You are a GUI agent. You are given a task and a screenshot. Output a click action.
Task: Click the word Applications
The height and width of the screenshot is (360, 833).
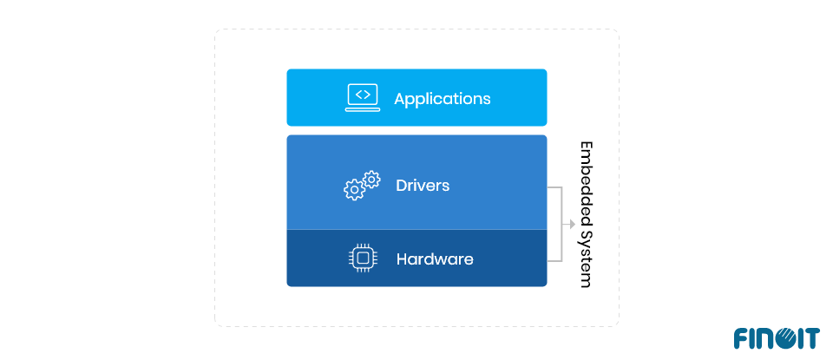[443, 98]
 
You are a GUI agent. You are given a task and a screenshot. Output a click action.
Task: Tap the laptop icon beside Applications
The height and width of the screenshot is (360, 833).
[362, 97]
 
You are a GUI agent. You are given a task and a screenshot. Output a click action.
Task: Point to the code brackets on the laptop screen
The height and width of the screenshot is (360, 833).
[362, 94]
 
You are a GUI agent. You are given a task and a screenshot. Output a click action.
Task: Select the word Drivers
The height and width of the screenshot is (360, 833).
[423, 185]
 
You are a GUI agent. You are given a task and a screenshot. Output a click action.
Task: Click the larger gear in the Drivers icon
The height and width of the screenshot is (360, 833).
[353, 190]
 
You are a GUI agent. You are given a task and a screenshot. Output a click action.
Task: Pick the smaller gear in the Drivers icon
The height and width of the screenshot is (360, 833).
[371, 180]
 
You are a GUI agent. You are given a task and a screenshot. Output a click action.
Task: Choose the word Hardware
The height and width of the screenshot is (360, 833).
[435, 259]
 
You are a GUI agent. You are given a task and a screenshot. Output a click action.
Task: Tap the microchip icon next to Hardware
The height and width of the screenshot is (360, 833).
[362, 259]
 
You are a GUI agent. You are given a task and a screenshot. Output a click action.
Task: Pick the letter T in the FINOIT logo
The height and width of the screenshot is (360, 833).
[811, 338]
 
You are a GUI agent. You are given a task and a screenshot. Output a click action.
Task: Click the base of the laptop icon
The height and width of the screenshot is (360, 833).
[362, 109]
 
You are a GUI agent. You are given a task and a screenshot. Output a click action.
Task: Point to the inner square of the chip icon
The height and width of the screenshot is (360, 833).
[362, 259]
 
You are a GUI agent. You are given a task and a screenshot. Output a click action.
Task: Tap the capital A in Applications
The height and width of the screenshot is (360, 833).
[400, 98]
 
